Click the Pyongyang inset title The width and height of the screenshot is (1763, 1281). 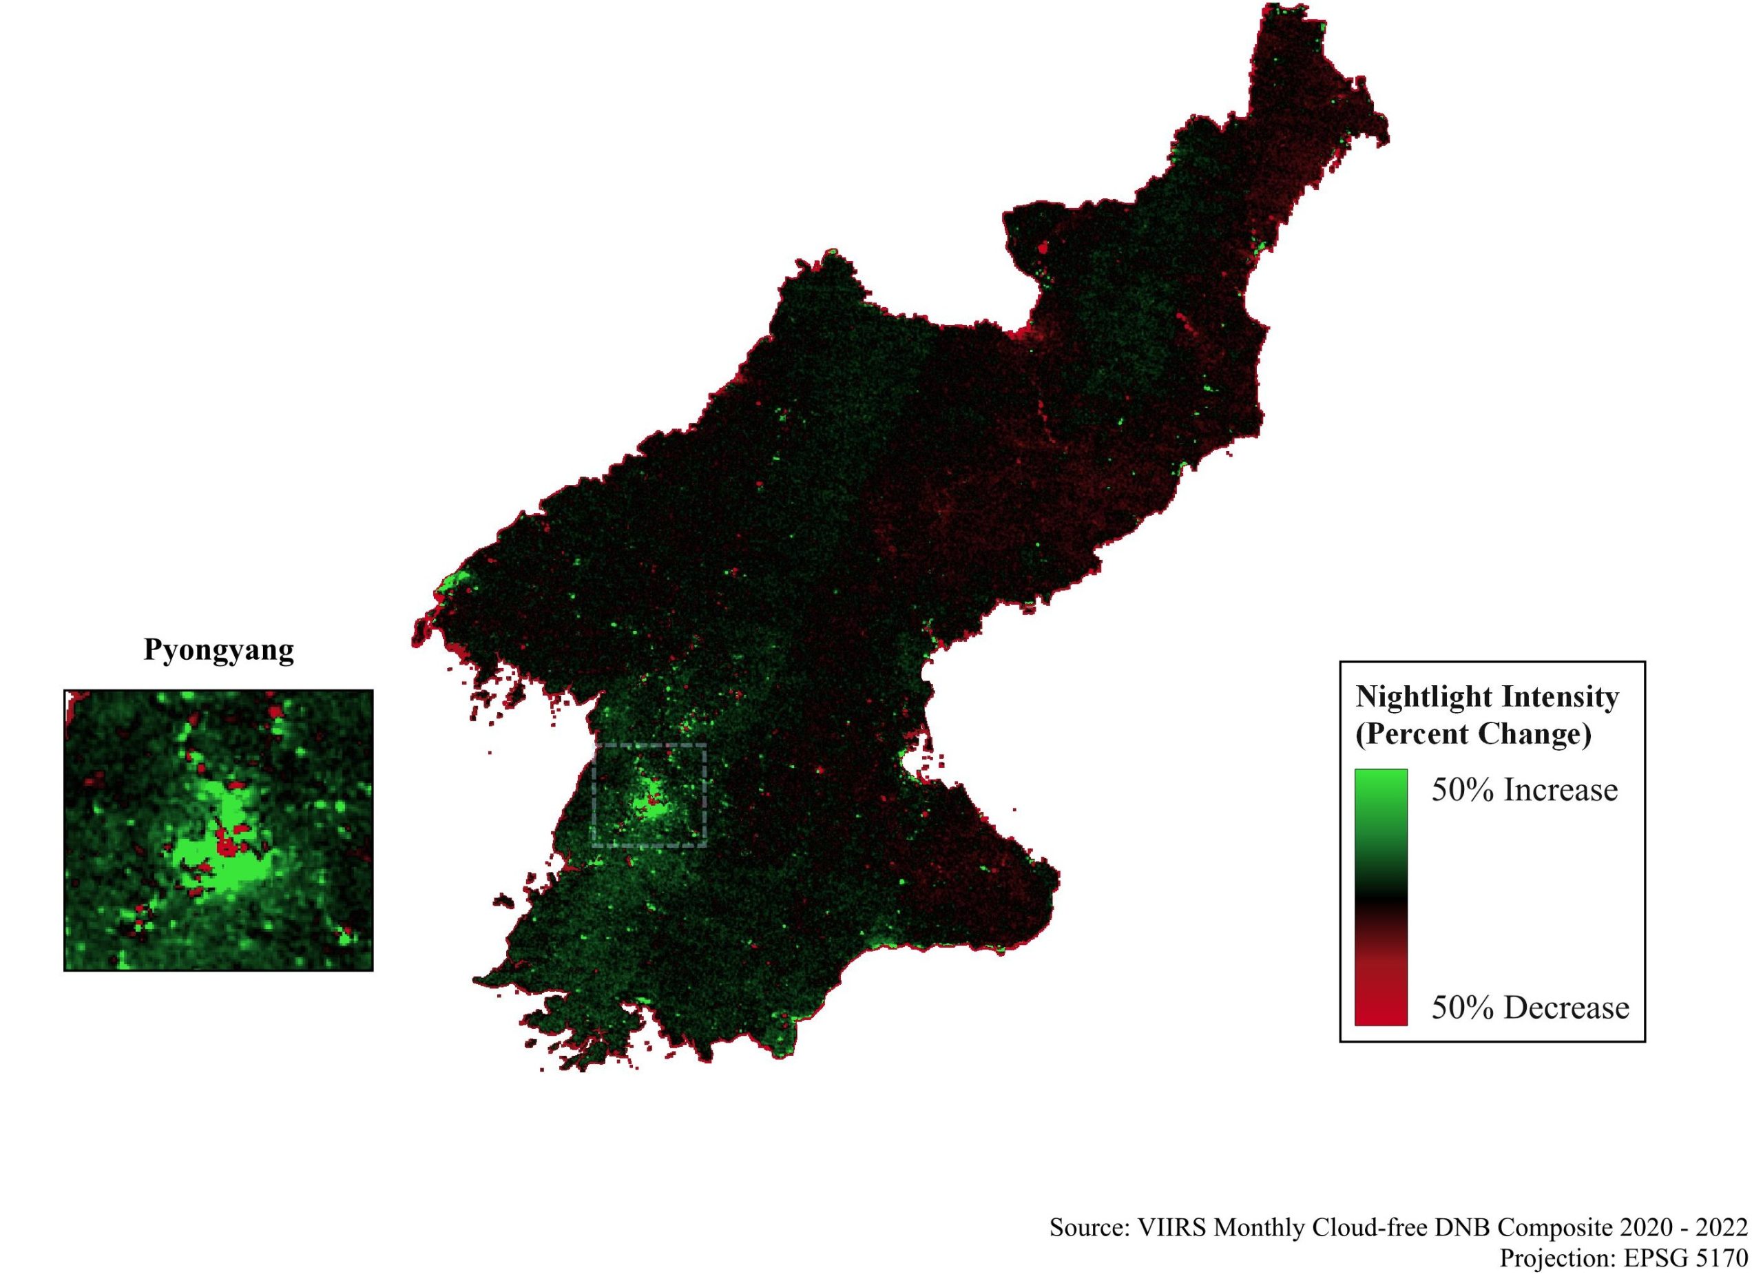click(x=218, y=650)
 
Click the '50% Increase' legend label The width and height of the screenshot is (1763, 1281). click(x=1524, y=790)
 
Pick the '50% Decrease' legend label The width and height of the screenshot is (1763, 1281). click(x=1530, y=1008)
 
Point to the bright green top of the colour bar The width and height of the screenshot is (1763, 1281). click(x=1381, y=785)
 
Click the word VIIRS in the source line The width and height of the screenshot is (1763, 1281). click(x=1172, y=1227)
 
